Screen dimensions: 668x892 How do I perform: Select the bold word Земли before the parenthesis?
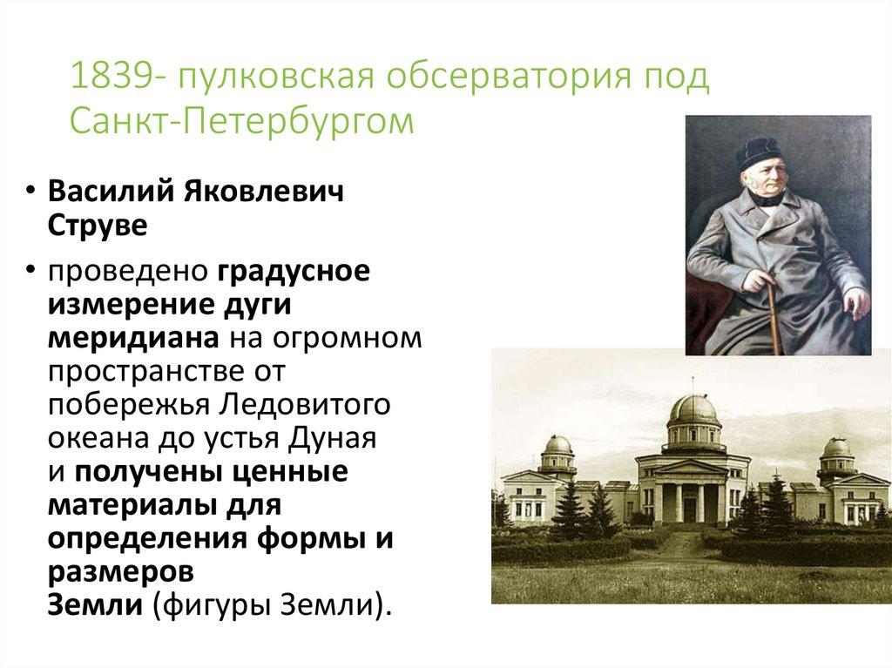(x=94, y=604)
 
